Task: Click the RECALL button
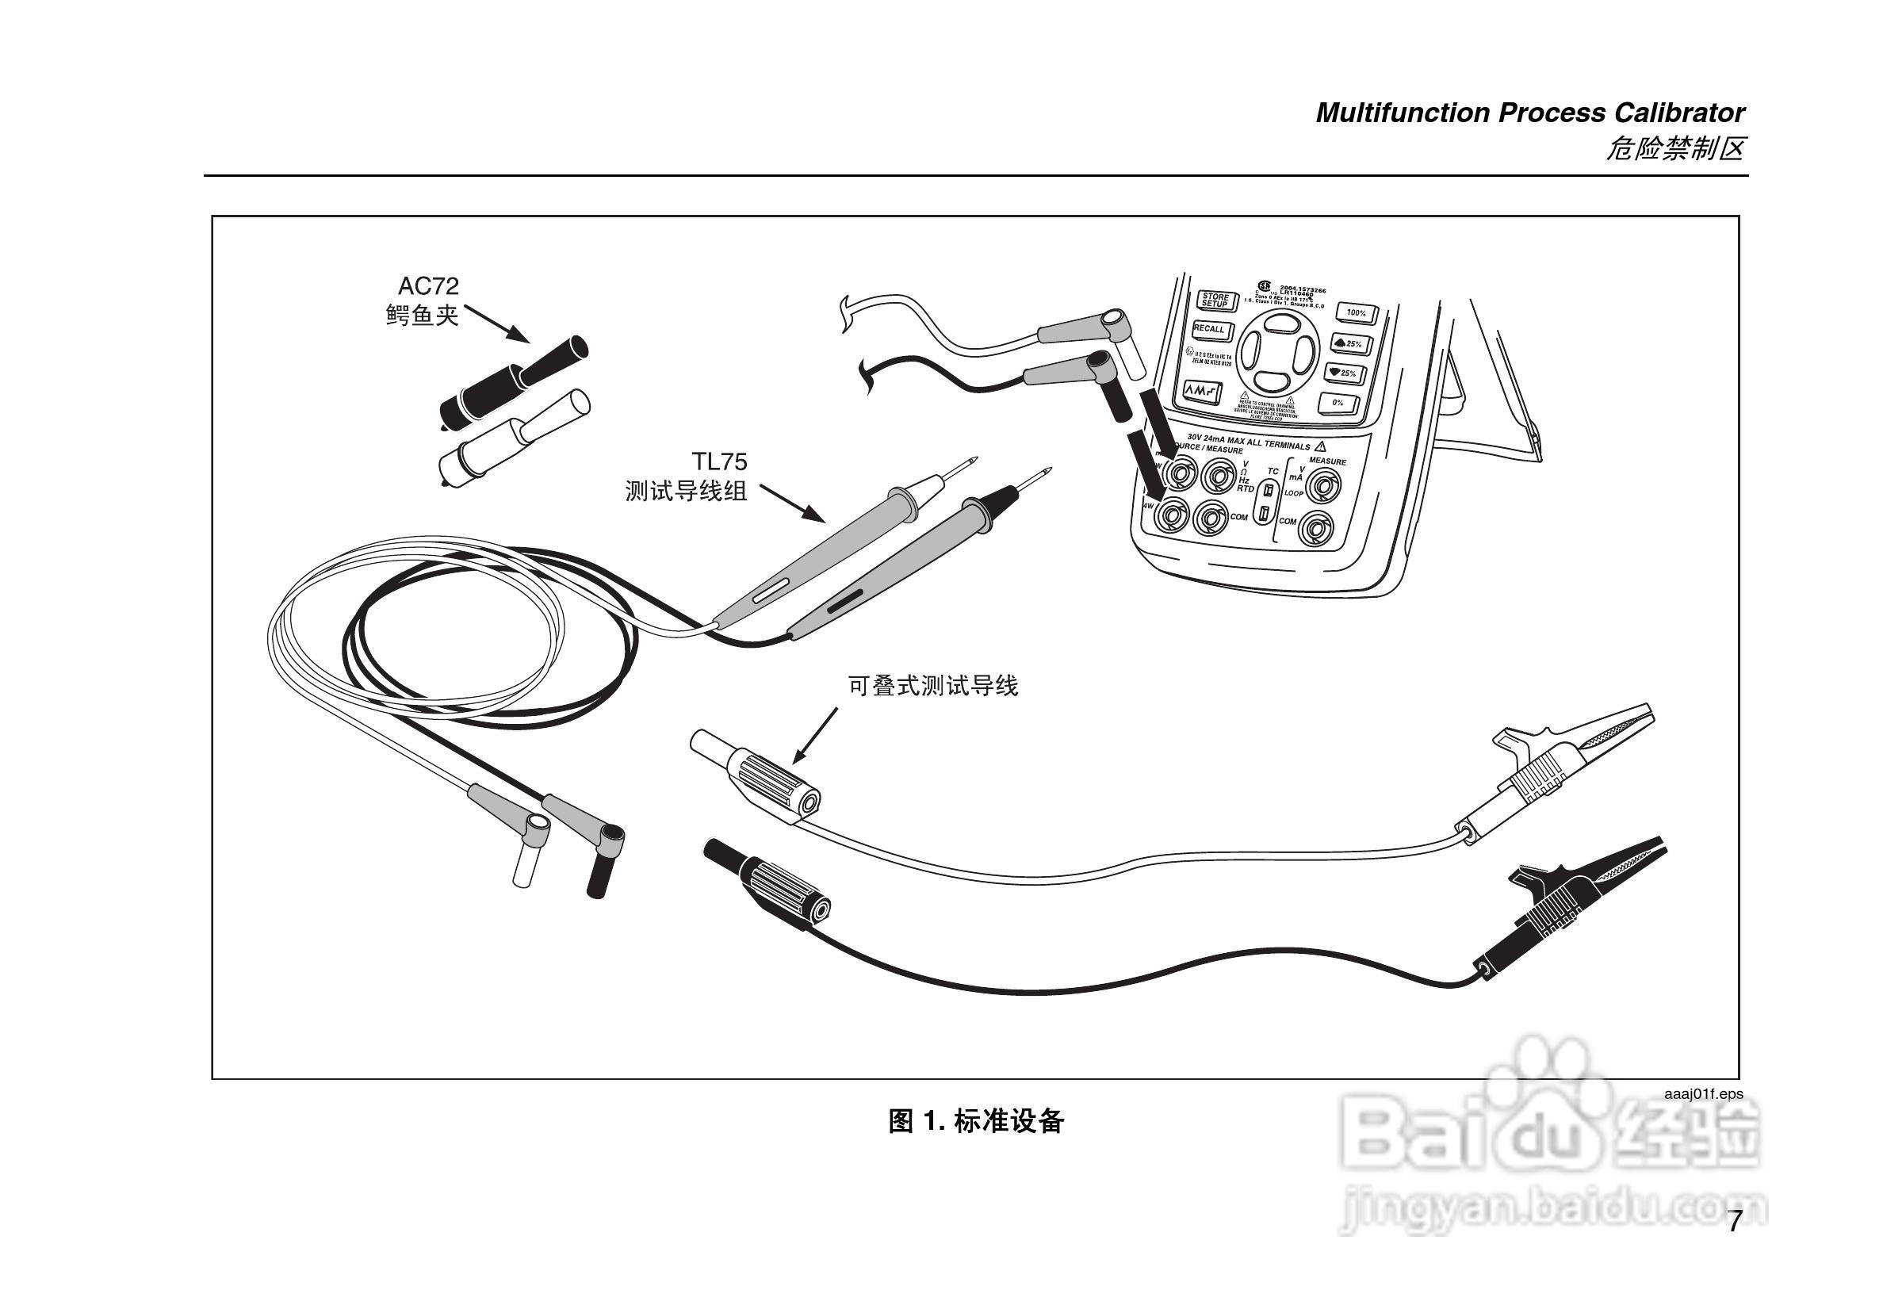point(1209,330)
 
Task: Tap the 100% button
point(1356,312)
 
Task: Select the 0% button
point(1338,403)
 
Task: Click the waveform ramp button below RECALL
point(1199,392)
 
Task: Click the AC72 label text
point(428,286)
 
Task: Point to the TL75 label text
point(719,461)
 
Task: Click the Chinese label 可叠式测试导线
point(932,686)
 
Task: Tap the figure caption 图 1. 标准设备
point(976,1121)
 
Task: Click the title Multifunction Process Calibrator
point(1529,113)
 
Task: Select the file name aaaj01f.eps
point(1702,1094)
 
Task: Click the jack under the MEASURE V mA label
point(1322,488)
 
